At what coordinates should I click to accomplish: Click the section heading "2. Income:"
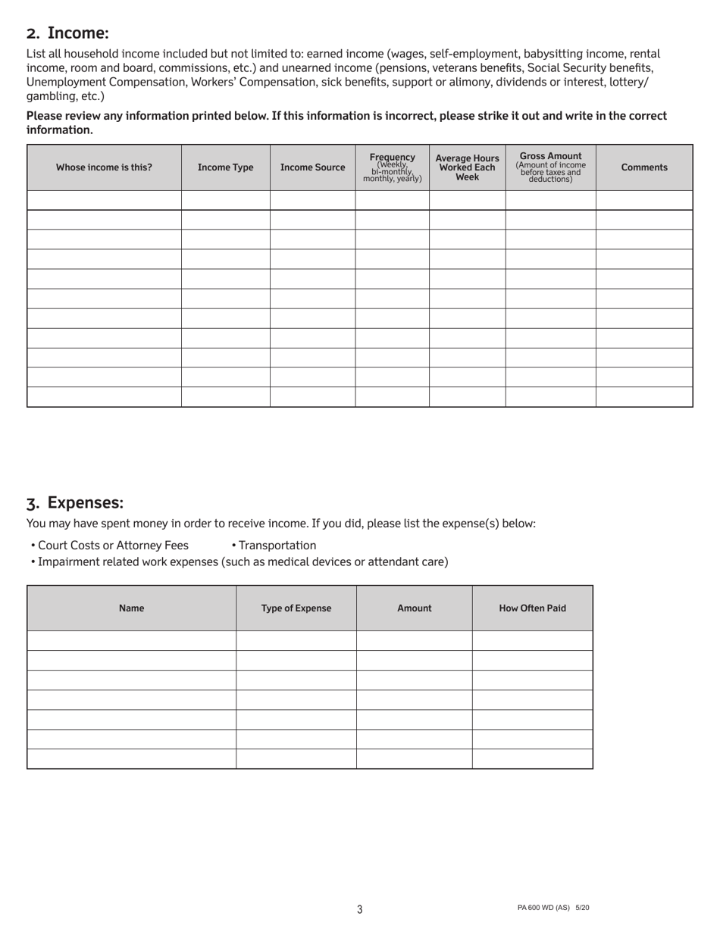pos(67,33)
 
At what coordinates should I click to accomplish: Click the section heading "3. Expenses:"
pos(74,503)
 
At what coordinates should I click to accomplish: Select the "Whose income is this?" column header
pos(104,167)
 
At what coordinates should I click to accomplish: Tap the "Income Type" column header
pos(225,167)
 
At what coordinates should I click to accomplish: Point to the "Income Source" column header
pos(312,167)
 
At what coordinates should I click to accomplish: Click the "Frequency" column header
pos(392,167)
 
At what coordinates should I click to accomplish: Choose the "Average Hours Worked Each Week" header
pos(467,167)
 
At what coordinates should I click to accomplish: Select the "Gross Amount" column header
pos(550,167)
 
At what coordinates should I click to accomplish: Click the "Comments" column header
pos(644,167)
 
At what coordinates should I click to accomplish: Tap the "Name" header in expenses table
pos(131,608)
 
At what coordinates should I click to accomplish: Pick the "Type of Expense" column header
pos(296,608)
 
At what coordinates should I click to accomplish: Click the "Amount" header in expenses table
pos(414,608)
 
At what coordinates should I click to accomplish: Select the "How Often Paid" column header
pos(532,608)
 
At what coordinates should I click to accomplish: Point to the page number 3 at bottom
pos(359,909)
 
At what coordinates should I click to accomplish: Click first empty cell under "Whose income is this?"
pos(104,200)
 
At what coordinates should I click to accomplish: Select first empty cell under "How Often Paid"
pos(532,640)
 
